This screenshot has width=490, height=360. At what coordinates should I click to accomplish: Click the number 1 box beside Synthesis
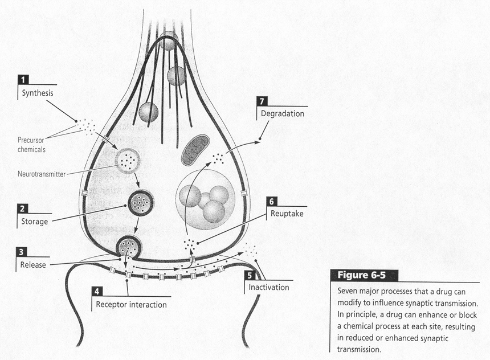point(23,80)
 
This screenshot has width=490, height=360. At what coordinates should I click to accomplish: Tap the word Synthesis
point(38,93)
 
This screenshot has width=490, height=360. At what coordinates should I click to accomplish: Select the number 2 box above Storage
point(22,208)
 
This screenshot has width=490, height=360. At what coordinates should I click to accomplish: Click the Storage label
point(34,222)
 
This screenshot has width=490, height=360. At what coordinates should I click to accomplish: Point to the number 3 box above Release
point(21,252)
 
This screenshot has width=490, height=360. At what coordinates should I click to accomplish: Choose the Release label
point(33,265)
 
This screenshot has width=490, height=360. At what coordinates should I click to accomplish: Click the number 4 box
point(97,291)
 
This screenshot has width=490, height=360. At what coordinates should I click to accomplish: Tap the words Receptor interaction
point(131,305)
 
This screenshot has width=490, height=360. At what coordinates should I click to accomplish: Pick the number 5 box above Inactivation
point(250,275)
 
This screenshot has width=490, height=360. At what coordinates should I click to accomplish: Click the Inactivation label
point(269,287)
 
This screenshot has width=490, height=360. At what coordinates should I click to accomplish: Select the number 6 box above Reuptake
point(272,202)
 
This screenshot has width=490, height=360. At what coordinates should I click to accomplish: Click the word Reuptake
point(287,214)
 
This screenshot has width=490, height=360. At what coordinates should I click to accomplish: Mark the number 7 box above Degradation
point(262,101)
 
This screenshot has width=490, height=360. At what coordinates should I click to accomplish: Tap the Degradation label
point(283,113)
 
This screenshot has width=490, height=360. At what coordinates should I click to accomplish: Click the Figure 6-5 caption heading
point(362,275)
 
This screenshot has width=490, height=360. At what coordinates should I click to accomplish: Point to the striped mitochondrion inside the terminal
point(195,150)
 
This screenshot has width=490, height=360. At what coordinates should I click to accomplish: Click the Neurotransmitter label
point(42,174)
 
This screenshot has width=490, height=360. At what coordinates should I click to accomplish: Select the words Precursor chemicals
point(31,145)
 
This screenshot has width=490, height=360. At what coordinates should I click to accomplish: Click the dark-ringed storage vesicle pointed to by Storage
point(141,203)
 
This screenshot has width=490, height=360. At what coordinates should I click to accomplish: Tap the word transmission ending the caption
point(359,349)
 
